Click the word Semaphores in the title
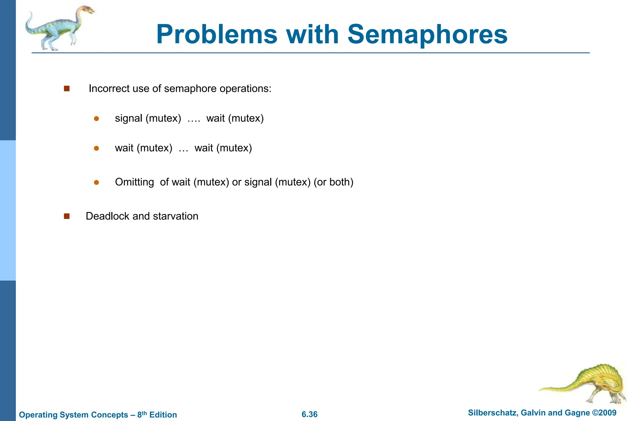(x=427, y=35)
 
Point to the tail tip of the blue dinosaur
(x=31, y=13)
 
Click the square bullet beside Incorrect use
(x=67, y=89)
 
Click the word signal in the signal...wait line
(x=128, y=118)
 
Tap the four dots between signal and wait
(x=194, y=120)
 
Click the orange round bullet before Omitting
(x=96, y=182)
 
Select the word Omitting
(x=134, y=182)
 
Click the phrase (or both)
(x=333, y=182)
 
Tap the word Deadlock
(x=107, y=216)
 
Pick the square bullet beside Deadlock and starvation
(x=67, y=216)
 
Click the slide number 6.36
(x=310, y=414)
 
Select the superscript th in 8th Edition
(x=144, y=413)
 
